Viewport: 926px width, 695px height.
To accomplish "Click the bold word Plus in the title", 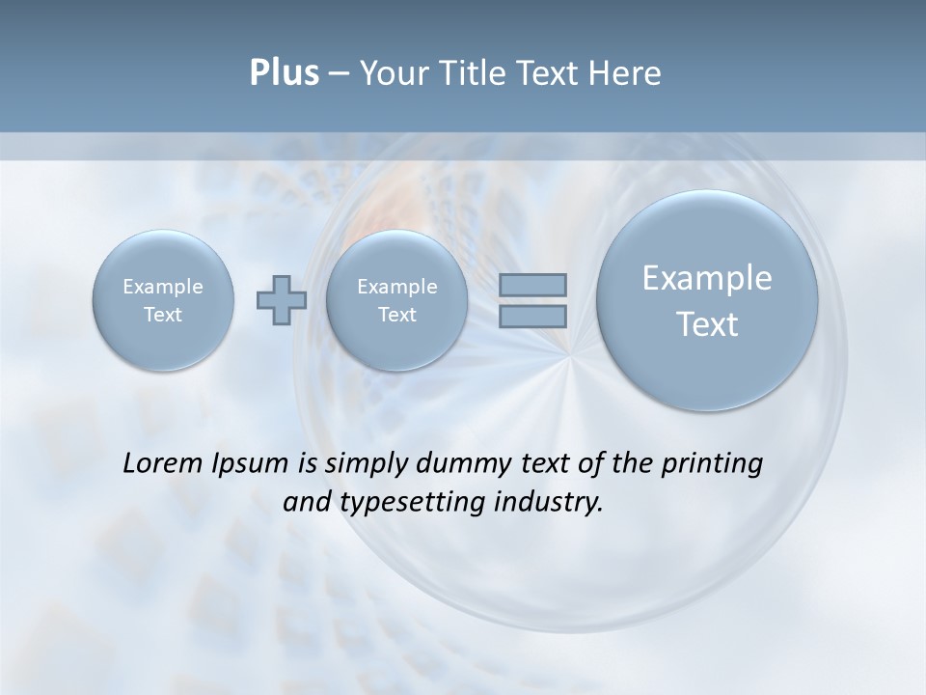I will (x=284, y=73).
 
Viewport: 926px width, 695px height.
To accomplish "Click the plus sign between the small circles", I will (x=282, y=300).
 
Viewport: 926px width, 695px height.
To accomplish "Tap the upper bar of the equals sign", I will (x=532, y=285).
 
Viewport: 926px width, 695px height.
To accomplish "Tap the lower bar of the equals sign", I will (x=532, y=316).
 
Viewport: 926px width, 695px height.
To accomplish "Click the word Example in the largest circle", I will (x=707, y=278).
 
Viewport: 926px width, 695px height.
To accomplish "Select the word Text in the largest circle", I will (x=707, y=324).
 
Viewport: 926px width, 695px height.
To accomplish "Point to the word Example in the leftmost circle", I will (x=163, y=287).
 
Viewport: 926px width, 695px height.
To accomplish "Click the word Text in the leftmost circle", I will (x=163, y=315).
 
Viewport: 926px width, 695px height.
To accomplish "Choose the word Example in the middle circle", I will (x=397, y=287).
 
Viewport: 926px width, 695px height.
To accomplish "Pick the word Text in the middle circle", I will (x=397, y=315).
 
